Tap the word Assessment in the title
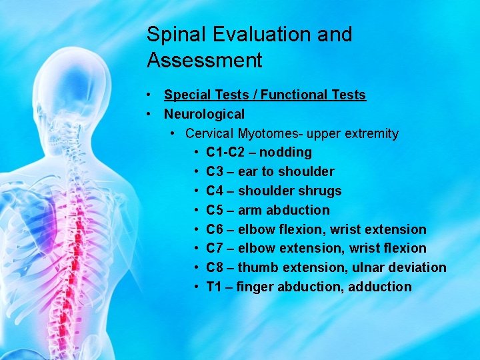tap(205, 61)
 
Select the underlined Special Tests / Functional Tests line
tap(265, 95)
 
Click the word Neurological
tap(204, 115)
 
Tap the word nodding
tap(285, 153)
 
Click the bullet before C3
tap(196, 172)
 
